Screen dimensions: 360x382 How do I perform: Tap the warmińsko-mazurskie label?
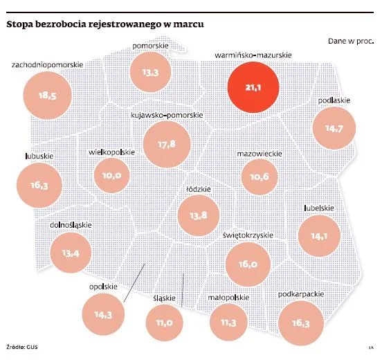coord(253,53)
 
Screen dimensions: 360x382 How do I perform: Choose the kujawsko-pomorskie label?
coord(167,113)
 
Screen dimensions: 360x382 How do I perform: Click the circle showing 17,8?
coord(167,144)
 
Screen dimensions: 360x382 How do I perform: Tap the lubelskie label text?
coord(319,207)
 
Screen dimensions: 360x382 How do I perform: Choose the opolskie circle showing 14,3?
coord(102,315)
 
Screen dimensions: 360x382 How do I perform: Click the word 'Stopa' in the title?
coord(20,26)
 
